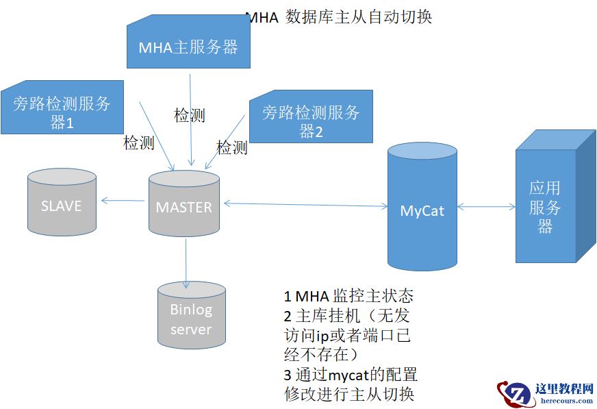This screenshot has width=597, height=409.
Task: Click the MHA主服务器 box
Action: coord(188,47)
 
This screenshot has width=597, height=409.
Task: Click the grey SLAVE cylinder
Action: coord(62,204)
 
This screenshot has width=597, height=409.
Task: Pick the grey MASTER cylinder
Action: coord(184,206)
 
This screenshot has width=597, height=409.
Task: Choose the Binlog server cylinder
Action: coord(191,319)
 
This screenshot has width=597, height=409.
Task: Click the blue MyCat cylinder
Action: coord(422,209)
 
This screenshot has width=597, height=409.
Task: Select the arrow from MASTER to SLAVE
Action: coord(123,201)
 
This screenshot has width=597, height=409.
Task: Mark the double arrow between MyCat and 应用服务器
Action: coord(486,206)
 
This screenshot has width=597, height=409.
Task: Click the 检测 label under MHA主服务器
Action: coord(190,115)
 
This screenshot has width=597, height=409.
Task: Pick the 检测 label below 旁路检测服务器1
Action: coord(138,142)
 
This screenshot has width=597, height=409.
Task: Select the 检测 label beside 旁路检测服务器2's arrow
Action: coord(232,147)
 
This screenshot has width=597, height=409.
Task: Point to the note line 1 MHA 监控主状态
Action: coord(348,296)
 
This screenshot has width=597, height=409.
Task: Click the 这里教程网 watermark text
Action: coord(563,388)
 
